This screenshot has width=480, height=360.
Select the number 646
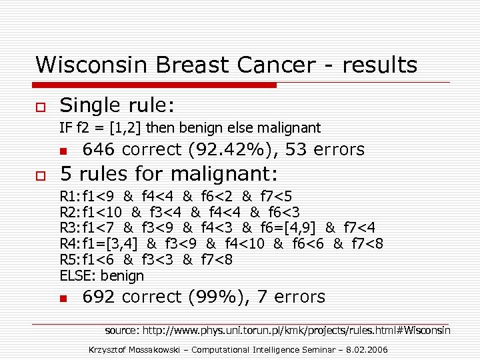99,149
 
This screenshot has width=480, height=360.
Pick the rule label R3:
69,228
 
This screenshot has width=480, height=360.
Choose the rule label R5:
69,259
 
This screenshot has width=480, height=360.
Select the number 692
99,297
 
